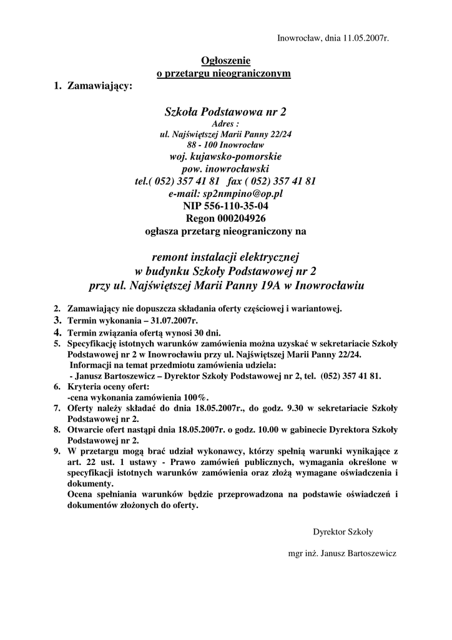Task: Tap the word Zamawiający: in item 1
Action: click(x=101, y=86)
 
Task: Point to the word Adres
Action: click(x=224, y=124)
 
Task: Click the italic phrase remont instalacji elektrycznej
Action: click(x=225, y=257)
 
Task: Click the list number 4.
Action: click(x=56, y=332)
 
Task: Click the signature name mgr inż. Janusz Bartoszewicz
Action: click(x=342, y=554)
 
